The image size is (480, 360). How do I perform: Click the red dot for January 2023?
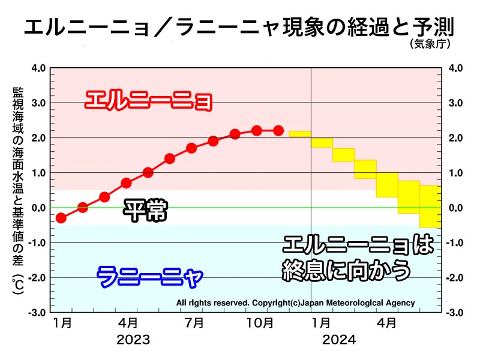pos(61,218)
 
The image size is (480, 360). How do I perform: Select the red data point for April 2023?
pos(126,183)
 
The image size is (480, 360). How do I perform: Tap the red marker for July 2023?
pos(191,148)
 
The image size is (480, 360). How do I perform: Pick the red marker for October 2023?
pos(257,131)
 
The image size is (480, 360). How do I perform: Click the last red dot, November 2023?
pos(278,131)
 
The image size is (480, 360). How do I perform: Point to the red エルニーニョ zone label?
pos(149,100)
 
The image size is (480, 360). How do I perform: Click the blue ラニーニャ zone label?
pos(150,277)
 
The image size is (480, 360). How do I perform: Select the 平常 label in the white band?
pos(145,211)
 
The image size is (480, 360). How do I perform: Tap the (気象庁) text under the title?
pos(431,44)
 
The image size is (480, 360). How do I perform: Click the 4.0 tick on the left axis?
pos(38,68)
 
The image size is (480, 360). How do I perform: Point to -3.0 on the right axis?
pos(453,313)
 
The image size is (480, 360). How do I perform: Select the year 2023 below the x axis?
pos(133,340)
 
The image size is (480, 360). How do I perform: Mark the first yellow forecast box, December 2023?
pos(300,133)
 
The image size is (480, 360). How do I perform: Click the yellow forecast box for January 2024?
pos(322,143)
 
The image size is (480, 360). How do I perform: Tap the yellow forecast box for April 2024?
pos(387,184)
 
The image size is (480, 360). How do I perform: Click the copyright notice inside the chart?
pos(295,303)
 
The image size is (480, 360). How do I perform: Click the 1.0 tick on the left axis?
pos(38,173)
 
